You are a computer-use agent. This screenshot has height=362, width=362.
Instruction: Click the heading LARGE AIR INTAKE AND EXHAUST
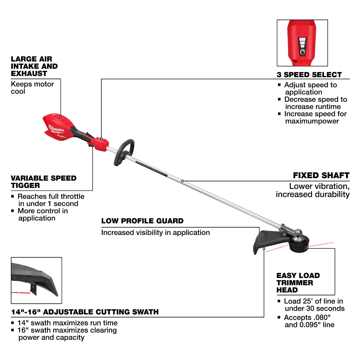[x=34, y=66]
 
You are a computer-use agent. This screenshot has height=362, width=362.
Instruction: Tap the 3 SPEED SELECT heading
[x=309, y=75]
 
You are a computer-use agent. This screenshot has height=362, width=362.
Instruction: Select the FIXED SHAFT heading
[x=321, y=176]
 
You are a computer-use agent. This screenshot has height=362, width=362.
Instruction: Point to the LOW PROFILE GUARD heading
[x=142, y=221]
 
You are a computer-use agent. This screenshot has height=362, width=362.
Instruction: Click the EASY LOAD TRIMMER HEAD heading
[x=298, y=283]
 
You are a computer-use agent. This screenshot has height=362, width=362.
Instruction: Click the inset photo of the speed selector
[x=302, y=43]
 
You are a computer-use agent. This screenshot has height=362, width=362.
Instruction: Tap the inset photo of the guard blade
[x=36, y=280]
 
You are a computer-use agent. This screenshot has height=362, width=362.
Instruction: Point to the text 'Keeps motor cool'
[x=32, y=88]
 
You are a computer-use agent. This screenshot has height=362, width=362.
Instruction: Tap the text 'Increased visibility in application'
[x=155, y=232]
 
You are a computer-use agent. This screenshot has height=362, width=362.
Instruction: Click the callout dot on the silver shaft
[x=182, y=181]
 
